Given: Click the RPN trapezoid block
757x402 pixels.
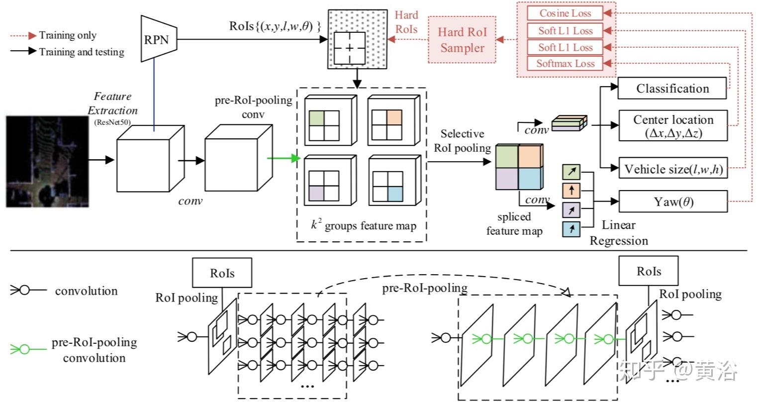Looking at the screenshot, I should [x=157, y=39].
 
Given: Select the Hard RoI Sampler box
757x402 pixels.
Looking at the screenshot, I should [x=462, y=40].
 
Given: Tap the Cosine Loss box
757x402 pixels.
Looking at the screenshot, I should [x=565, y=13].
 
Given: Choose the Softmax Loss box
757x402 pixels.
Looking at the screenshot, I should [x=565, y=63].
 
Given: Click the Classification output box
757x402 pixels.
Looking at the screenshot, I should [x=672, y=89].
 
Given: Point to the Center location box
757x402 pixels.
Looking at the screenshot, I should [x=672, y=126].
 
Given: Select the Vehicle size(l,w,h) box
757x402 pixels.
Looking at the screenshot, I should [x=672, y=169].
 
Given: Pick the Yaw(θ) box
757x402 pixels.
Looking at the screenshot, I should [x=672, y=201].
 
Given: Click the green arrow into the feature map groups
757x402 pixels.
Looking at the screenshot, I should [x=284, y=159].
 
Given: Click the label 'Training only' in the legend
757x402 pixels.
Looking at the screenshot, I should [x=68, y=35].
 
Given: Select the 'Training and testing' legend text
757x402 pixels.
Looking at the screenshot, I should [x=82, y=52].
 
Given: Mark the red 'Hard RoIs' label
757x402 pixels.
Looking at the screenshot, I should [x=406, y=22].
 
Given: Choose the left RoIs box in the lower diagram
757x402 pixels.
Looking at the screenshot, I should [x=222, y=273].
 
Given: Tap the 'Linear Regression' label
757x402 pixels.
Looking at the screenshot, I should [x=619, y=233].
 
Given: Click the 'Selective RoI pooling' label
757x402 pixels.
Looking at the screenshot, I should [x=462, y=141].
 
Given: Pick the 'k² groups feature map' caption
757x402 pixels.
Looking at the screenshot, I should [x=363, y=225].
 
